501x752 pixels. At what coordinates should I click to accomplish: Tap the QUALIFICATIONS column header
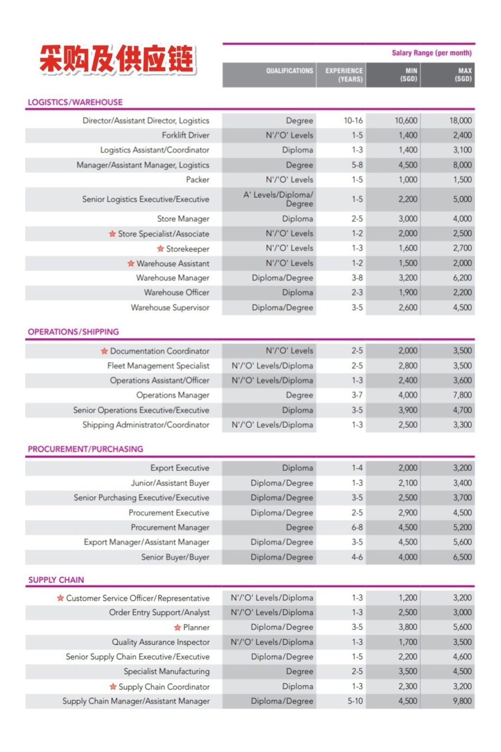(x=289, y=71)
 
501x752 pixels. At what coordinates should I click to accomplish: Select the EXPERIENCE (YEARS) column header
(x=344, y=75)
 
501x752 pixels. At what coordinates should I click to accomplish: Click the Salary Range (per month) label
(x=432, y=53)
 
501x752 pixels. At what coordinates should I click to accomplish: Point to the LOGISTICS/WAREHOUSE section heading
(x=75, y=102)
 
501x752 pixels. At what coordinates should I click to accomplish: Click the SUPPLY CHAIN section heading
(x=56, y=580)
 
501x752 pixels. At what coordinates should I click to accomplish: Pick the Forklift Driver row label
(x=185, y=135)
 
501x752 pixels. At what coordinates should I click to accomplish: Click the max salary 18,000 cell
(x=460, y=120)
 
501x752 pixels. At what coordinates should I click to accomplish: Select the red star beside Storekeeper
(x=160, y=249)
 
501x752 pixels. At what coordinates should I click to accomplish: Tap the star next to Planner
(x=178, y=627)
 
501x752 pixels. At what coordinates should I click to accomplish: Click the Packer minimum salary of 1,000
(x=408, y=180)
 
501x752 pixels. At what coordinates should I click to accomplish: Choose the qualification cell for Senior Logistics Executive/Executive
(x=278, y=199)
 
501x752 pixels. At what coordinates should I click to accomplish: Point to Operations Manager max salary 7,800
(x=462, y=395)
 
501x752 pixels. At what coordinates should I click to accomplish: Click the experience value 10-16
(x=353, y=120)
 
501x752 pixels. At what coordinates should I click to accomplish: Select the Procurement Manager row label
(x=170, y=527)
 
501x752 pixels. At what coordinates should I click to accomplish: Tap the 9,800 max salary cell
(x=462, y=701)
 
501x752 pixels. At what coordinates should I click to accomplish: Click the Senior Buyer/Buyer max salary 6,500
(x=462, y=557)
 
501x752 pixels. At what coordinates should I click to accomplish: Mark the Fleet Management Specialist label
(x=158, y=366)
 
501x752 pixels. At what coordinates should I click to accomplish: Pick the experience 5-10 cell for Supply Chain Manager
(x=355, y=701)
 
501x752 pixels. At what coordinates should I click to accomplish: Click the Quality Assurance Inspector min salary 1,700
(x=408, y=642)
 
